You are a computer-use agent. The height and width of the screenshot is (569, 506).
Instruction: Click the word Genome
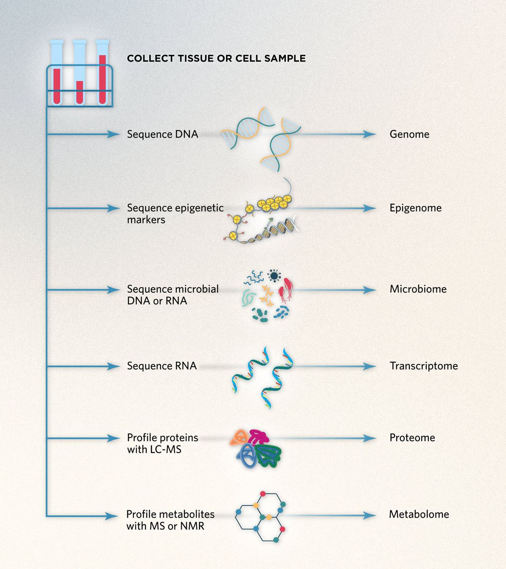409,134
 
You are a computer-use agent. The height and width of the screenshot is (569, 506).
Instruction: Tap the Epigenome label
415,208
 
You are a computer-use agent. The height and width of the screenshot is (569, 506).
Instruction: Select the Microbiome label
418,289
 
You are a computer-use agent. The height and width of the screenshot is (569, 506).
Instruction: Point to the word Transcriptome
423,366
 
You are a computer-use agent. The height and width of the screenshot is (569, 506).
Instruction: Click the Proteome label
412,438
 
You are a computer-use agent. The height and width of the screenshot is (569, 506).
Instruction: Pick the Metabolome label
419,514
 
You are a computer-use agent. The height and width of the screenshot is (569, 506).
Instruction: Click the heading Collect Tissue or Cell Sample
216,58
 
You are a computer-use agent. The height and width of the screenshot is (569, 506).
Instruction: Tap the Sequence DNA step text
162,134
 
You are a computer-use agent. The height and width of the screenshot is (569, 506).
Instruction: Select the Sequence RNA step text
161,366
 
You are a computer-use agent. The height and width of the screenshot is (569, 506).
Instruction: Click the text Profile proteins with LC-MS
162,443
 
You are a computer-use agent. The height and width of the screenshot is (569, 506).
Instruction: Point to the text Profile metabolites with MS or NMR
170,520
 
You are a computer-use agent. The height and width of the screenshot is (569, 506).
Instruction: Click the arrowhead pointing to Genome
369,135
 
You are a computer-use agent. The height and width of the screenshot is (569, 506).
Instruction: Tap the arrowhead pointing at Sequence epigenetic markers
113,208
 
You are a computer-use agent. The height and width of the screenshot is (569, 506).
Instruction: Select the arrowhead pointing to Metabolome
369,515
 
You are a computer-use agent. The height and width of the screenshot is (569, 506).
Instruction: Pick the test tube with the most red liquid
102,72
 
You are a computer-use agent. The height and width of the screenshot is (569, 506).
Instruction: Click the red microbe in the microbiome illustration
285,289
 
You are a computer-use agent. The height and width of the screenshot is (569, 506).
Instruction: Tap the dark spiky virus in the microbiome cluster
275,276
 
